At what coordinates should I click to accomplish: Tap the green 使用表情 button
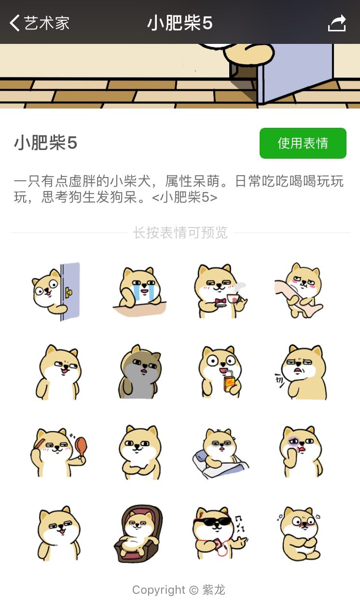303,143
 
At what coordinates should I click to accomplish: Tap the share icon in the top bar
337,23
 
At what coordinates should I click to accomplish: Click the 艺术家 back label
47,23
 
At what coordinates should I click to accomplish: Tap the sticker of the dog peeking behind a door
56,291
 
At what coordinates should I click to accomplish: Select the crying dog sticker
139,291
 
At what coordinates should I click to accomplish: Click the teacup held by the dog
233,298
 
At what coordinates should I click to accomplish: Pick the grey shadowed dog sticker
139,372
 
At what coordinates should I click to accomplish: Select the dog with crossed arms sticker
140,452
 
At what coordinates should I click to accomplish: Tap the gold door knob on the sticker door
69,292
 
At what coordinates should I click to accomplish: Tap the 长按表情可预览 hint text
180,232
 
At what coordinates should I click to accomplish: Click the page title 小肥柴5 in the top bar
180,23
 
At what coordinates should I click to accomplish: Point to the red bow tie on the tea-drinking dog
221,302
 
